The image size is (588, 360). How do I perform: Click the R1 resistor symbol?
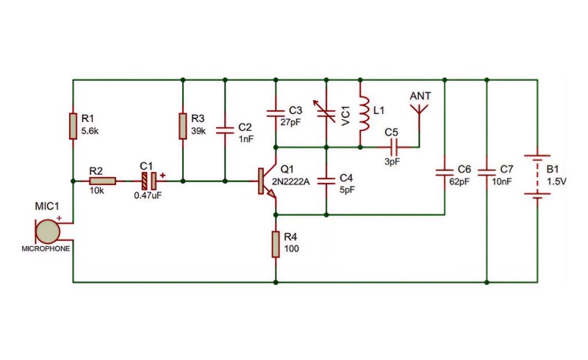pyautogui.click(x=73, y=126)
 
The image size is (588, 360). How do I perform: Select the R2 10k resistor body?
pyautogui.click(x=102, y=181)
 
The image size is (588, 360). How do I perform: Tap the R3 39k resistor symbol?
pyautogui.click(x=182, y=126)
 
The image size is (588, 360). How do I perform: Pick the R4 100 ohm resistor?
pyautogui.click(x=276, y=245)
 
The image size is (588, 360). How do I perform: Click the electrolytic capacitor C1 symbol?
pyautogui.click(x=149, y=181)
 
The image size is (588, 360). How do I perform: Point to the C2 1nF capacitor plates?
pyautogui.click(x=225, y=131)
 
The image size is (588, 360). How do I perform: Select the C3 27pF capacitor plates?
pyautogui.click(x=276, y=113)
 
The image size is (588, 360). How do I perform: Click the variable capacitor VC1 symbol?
pyautogui.click(x=326, y=112)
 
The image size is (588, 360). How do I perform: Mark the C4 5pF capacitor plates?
pyautogui.click(x=326, y=181)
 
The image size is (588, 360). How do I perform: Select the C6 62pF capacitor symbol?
pyautogui.click(x=445, y=173)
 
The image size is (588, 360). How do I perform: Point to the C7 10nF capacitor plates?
pyautogui.click(x=487, y=173)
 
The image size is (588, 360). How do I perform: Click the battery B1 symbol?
pyautogui.click(x=537, y=176)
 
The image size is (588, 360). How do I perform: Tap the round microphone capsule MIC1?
pyautogui.click(x=48, y=232)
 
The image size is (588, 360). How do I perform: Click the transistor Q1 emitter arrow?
pyautogui.click(x=271, y=192)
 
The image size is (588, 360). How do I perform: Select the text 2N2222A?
pyautogui.click(x=290, y=182)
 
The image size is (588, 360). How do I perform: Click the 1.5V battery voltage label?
pyautogui.click(x=556, y=181)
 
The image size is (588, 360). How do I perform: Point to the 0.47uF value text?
pyautogui.click(x=148, y=195)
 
